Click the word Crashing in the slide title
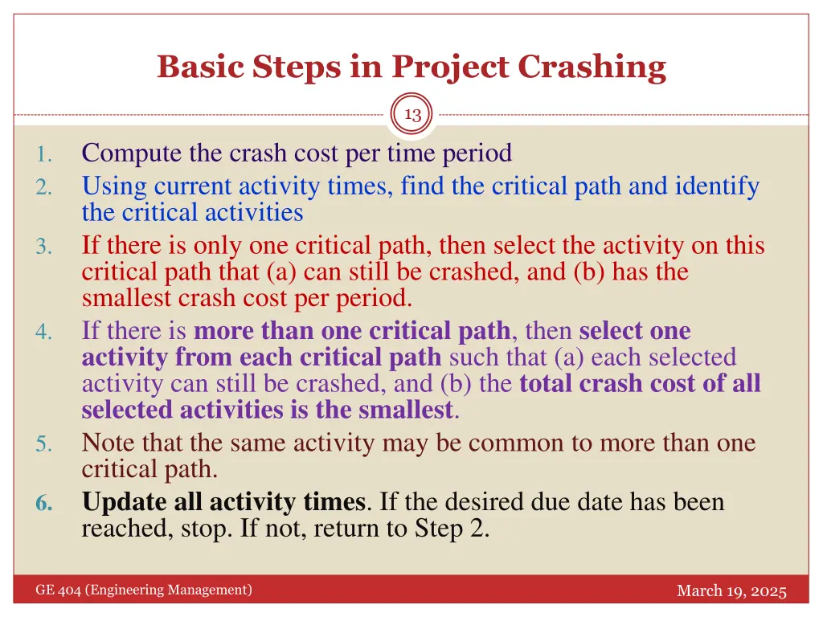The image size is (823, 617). tap(592, 67)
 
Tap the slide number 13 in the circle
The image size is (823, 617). tap(412, 115)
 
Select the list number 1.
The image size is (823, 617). tap(46, 154)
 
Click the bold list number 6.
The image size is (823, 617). tap(45, 504)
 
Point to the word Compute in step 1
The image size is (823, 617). tap(131, 152)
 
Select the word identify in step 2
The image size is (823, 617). tap(717, 186)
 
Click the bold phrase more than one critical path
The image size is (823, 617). tap(352, 331)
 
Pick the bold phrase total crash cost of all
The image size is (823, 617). tap(640, 383)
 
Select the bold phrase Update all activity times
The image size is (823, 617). tap(223, 503)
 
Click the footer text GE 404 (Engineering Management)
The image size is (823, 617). tap(144, 590)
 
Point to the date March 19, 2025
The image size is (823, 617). tap(731, 591)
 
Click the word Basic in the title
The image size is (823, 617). tap(200, 67)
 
